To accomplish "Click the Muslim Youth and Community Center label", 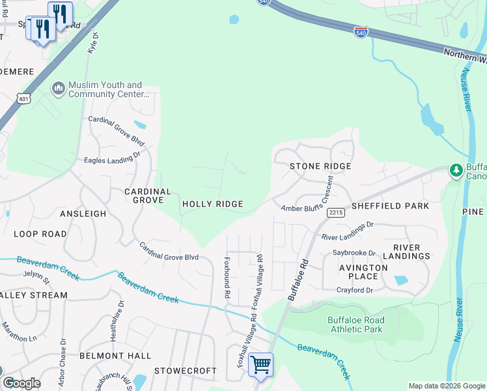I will pyautogui.click(x=105, y=89).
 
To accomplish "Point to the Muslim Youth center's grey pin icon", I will pyautogui.click(x=58, y=88).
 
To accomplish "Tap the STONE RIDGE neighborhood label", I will pyautogui.click(x=320, y=166).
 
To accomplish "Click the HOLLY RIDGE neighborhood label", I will pyautogui.click(x=212, y=204).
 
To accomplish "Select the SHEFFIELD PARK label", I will pyautogui.click(x=390, y=206).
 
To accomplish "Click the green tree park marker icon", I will pyautogui.click(x=456, y=171).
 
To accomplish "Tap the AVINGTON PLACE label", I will pyautogui.click(x=363, y=272).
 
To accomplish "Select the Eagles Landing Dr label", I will pyautogui.click(x=112, y=158).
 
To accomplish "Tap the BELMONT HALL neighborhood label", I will pyautogui.click(x=115, y=356).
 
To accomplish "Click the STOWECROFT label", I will pyautogui.click(x=185, y=371).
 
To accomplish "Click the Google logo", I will pyautogui.click(x=21, y=383).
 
